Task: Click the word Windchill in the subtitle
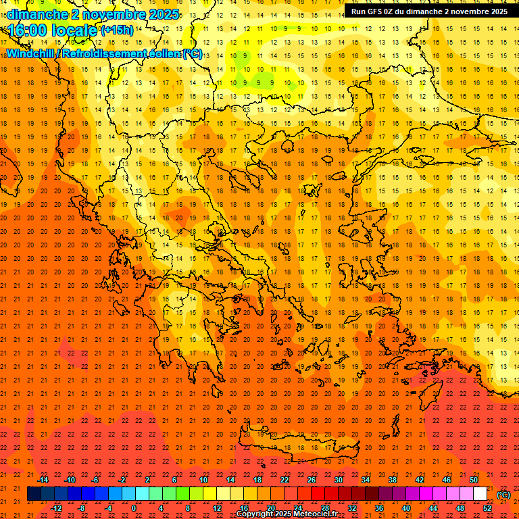(x=31, y=53)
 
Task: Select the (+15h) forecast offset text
(x=117, y=31)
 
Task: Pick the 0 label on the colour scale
(x=133, y=508)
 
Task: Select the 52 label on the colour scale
(x=487, y=508)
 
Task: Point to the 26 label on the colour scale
(x=312, y=480)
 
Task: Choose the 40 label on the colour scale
(x=406, y=508)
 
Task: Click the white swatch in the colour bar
(x=480, y=494)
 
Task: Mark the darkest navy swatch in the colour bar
(x=34, y=494)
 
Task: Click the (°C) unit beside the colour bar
(x=503, y=495)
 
